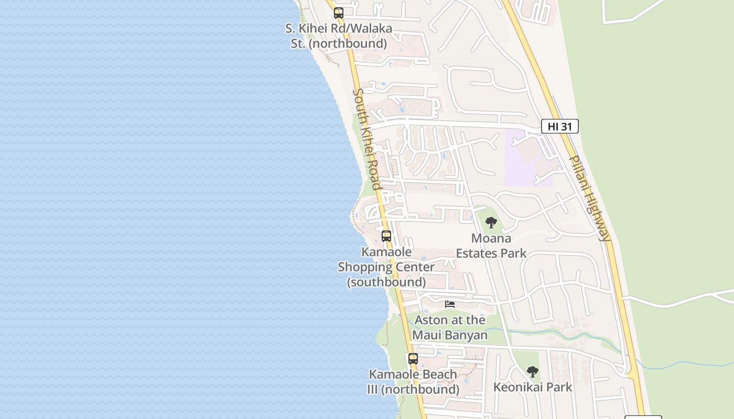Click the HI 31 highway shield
(x=559, y=126)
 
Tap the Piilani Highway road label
(x=590, y=198)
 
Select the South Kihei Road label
(x=366, y=139)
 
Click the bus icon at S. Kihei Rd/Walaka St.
(x=339, y=13)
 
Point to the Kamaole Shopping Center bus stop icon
(x=386, y=236)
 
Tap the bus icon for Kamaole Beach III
(x=413, y=359)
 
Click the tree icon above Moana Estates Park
(x=491, y=223)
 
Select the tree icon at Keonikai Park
(x=533, y=372)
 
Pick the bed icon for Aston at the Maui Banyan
(x=450, y=304)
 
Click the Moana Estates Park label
(x=491, y=246)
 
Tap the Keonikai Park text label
(x=533, y=387)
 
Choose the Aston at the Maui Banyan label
(x=450, y=327)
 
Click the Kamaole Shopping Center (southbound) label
(x=386, y=267)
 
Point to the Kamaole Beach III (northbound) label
(x=413, y=382)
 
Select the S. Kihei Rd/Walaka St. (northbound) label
(x=339, y=36)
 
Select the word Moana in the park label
(x=491, y=238)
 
